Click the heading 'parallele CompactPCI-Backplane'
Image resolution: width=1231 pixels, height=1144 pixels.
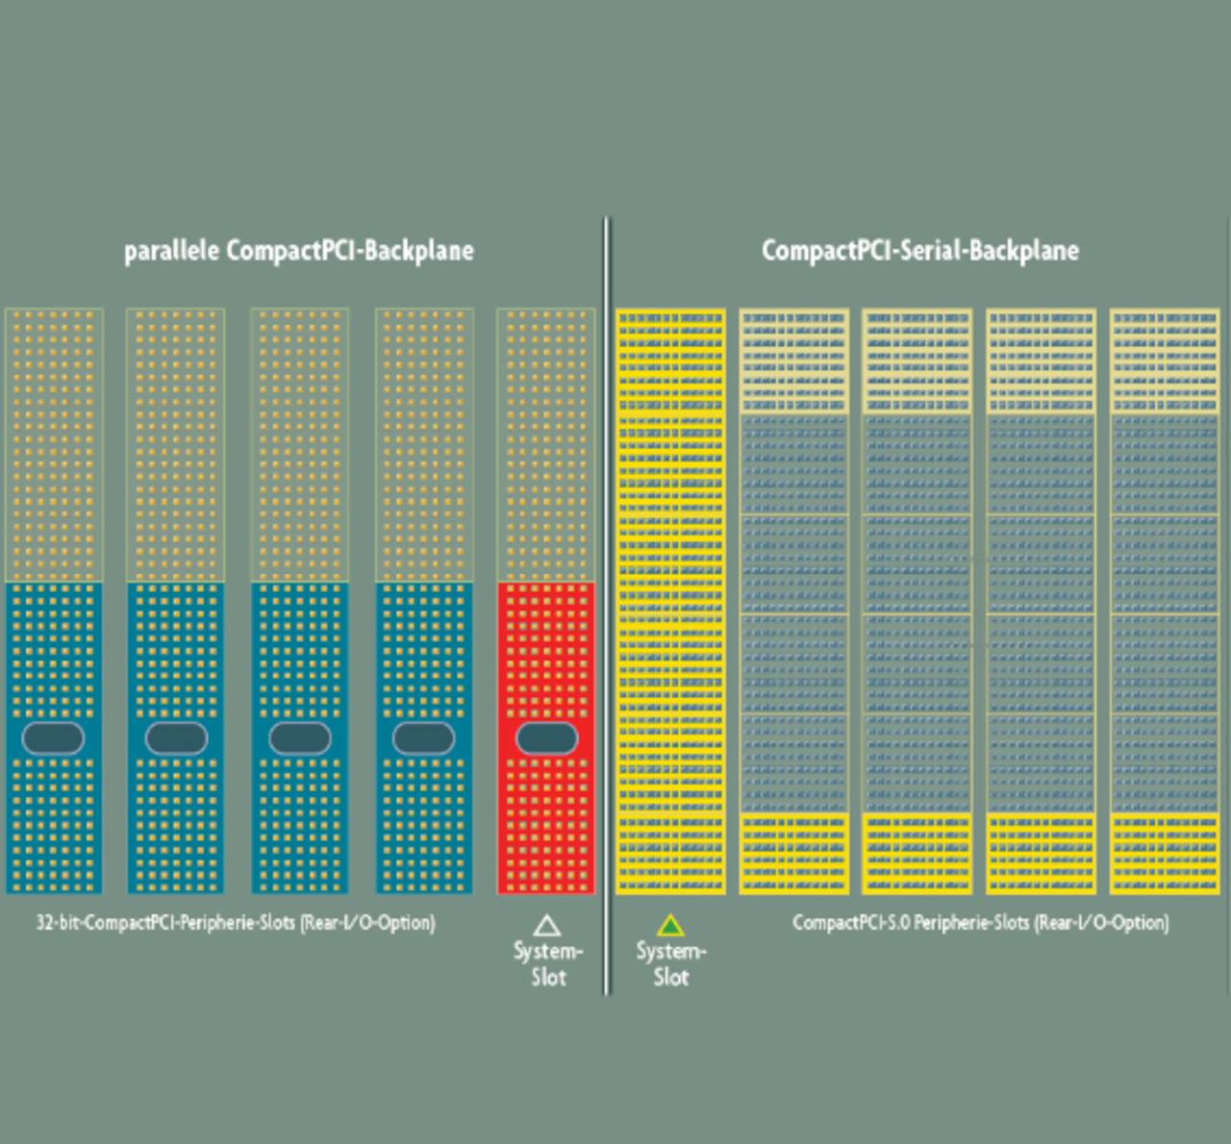tap(298, 251)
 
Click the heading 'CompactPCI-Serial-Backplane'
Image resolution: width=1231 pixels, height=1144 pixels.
tap(919, 251)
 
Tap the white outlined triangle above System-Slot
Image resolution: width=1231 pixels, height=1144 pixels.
tap(547, 926)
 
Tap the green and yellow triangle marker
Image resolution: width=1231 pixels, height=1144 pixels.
tap(670, 926)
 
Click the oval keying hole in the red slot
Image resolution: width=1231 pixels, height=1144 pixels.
tap(547, 738)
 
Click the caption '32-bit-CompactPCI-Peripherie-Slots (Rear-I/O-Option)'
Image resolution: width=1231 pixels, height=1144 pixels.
tap(236, 923)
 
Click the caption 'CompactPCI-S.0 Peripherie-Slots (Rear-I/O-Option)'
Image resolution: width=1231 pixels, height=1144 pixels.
tap(980, 923)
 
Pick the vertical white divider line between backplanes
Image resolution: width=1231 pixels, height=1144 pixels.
tap(607, 606)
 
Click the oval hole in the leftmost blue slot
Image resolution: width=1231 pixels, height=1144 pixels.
tap(53, 738)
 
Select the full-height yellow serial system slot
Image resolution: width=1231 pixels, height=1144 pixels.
tap(670, 601)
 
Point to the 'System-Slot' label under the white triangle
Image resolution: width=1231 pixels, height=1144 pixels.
tap(547, 964)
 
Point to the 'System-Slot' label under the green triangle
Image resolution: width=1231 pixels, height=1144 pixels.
tap(670, 964)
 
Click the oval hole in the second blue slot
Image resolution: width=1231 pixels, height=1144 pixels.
tap(176, 738)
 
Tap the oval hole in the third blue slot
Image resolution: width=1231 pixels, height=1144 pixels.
tap(300, 738)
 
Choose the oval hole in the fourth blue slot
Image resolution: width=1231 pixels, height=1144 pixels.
tap(424, 738)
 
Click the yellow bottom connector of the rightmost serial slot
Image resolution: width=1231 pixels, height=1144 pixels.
tap(1165, 854)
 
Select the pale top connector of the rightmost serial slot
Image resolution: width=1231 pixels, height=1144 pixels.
tap(1165, 361)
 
